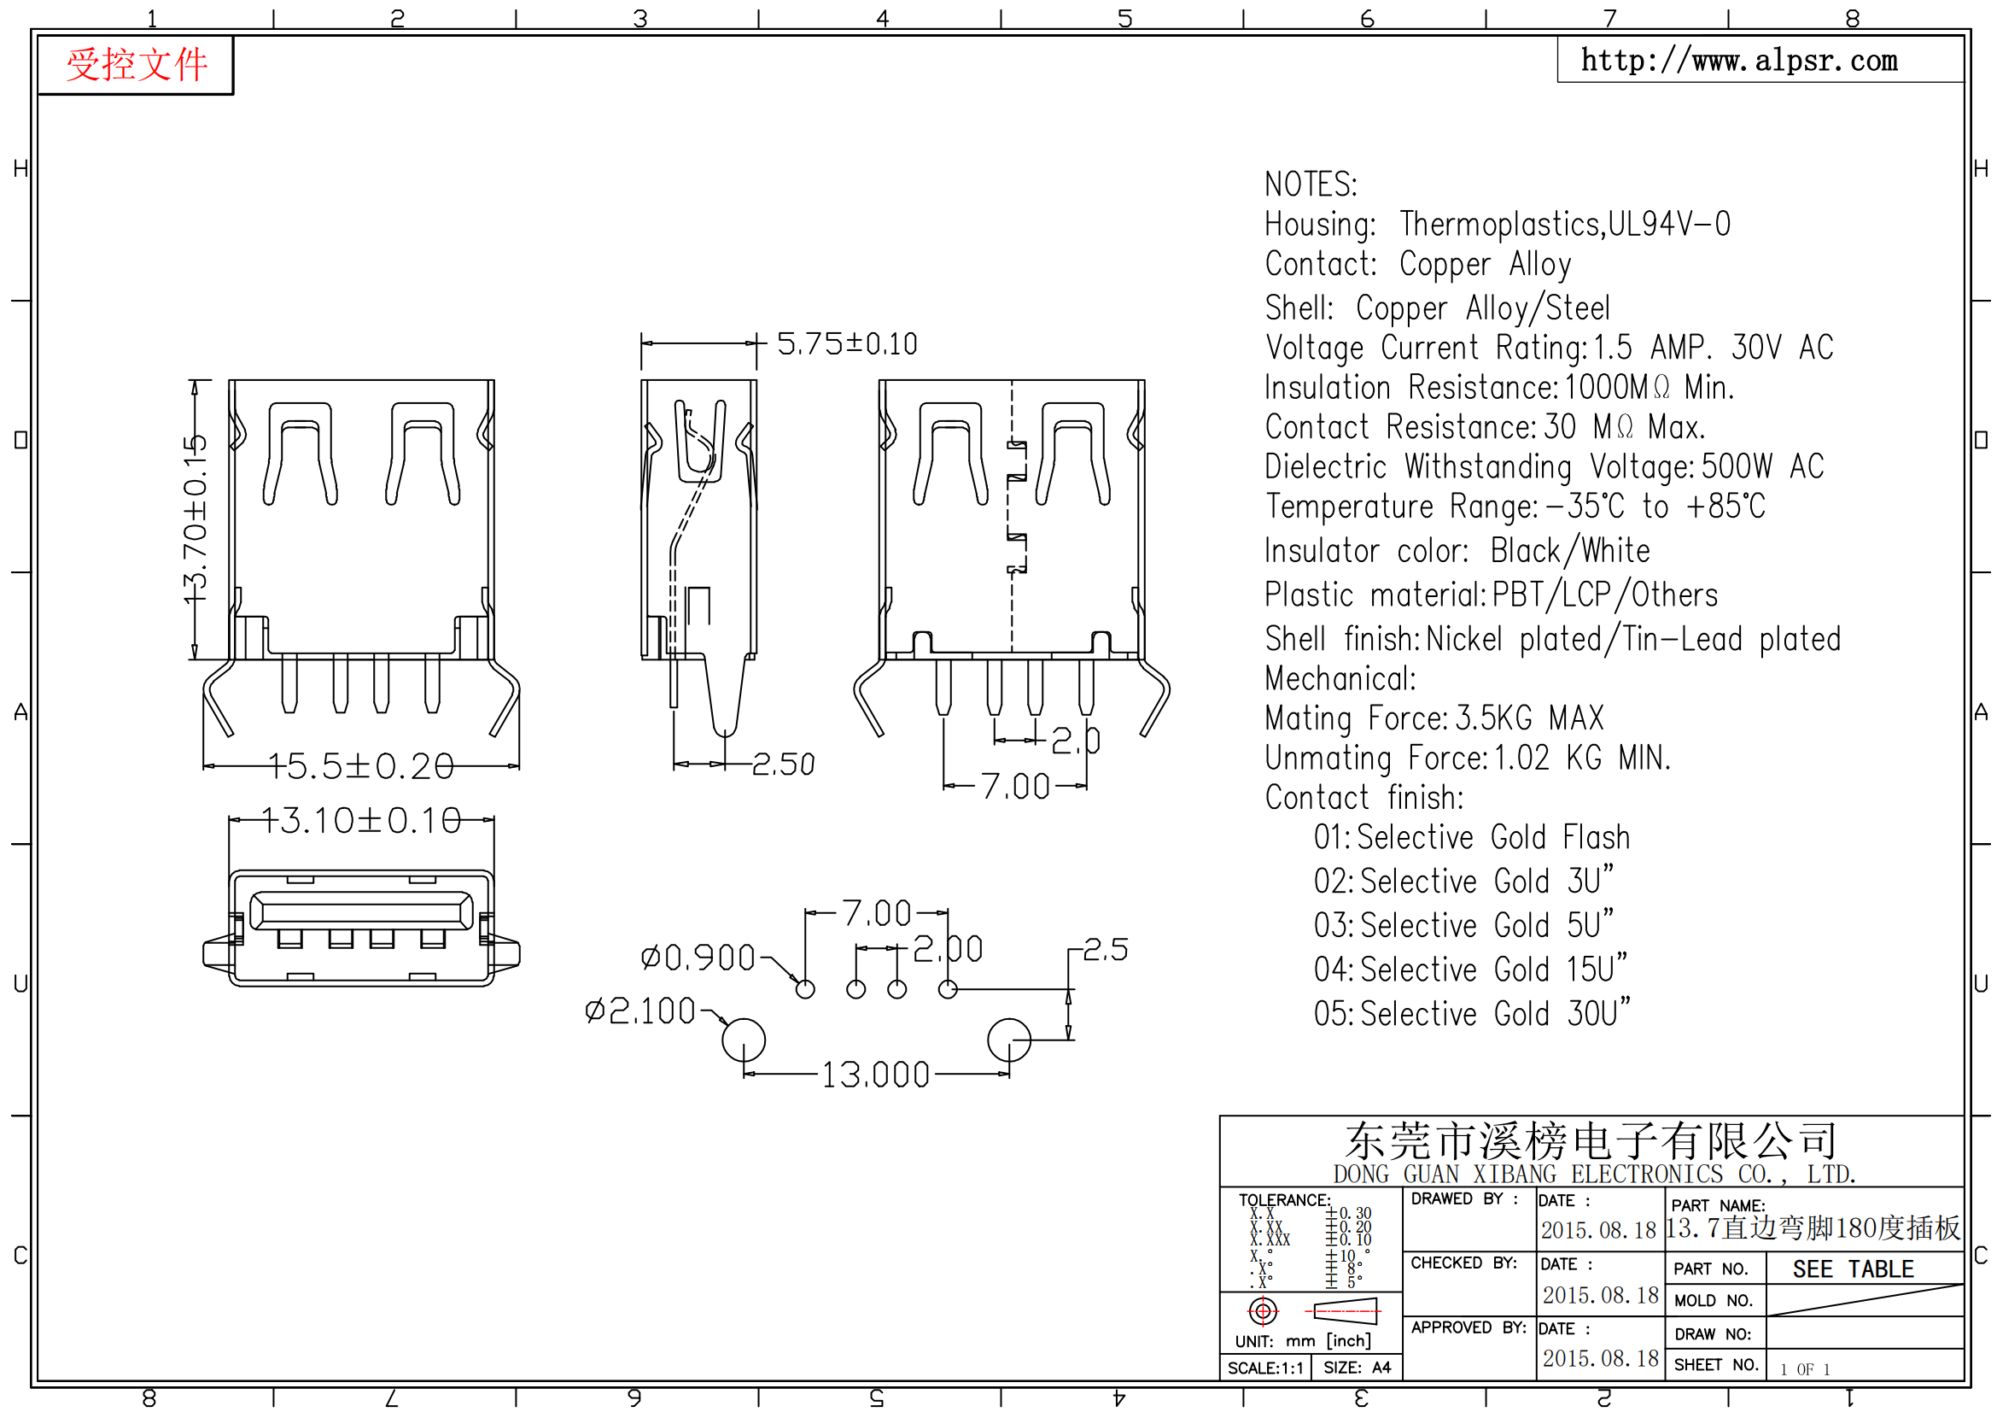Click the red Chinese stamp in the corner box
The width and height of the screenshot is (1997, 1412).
[137, 64]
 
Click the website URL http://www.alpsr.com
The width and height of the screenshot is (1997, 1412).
[1738, 60]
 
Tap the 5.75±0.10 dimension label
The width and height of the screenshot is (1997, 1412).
[846, 343]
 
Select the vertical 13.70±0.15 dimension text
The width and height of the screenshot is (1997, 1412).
[195, 519]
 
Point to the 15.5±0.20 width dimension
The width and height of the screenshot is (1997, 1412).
[361, 766]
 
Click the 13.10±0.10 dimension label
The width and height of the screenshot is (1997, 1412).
[360, 820]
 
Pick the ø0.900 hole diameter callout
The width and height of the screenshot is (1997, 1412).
[698, 958]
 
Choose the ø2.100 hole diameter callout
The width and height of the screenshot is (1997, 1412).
[639, 1011]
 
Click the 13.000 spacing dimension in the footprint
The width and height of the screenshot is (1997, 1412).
[875, 1075]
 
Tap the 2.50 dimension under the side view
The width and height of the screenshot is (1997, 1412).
[783, 765]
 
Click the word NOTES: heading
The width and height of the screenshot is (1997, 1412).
[1310, 185]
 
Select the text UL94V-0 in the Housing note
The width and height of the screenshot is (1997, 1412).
[1669, 225]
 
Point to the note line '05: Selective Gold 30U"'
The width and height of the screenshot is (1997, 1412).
[1472, 1014]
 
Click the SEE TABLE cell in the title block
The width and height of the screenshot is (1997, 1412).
[1853, 1269]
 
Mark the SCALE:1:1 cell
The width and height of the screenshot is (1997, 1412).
[1265, 1368]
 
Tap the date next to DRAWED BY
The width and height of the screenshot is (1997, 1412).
[1598, 1230]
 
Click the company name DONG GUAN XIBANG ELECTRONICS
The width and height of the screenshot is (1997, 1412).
[1528, 1175]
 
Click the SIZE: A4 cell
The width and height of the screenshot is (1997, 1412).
[1357, 1368]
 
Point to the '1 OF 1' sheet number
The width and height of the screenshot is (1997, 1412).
[1805, 1369]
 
